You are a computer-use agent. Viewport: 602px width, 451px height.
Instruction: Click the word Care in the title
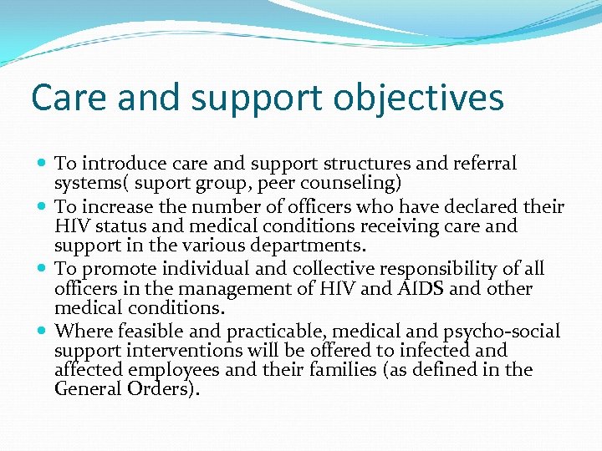69,98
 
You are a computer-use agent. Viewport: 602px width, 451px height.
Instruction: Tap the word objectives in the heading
418,98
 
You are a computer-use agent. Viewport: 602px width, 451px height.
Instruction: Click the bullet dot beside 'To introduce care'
43,164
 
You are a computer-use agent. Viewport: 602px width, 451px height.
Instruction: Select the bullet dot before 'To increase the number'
43,206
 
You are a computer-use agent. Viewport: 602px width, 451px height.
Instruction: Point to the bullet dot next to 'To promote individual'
43,269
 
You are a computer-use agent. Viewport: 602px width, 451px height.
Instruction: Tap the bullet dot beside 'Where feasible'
43,332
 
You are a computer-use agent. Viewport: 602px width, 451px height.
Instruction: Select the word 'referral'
484,163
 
